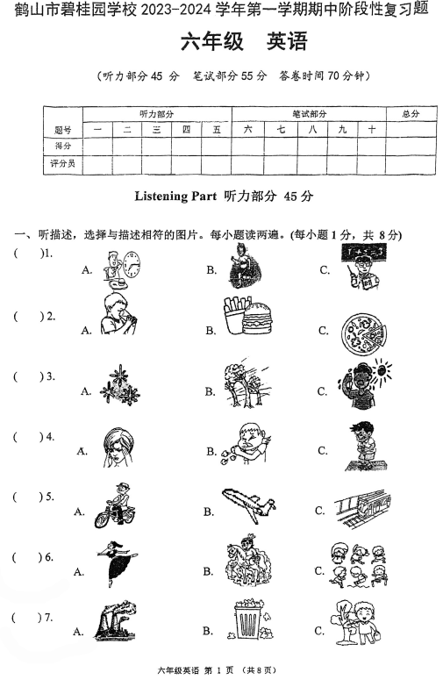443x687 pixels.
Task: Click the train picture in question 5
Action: pyautogui.click(x=361, y=507)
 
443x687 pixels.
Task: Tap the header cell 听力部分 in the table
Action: pyautogui.click(x=156, y=114)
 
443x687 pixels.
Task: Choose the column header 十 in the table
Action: pyautogui.click(x=371, y=130)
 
